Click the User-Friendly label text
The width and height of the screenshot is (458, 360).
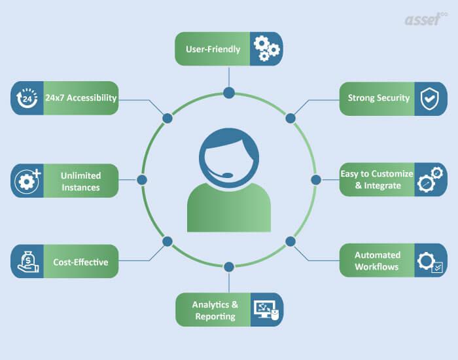[x=213, y=49]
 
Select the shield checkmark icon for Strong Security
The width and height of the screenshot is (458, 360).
[x=429, y=99]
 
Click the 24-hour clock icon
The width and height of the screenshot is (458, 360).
[x=27, y=98]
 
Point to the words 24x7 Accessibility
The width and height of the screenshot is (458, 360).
[x=81, y=98]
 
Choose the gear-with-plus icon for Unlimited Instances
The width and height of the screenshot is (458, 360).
[x=27, y=181]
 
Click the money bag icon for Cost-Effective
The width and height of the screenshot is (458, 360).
[x=27, y=262]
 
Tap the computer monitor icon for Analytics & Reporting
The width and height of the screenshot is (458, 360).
[x=266, y=310]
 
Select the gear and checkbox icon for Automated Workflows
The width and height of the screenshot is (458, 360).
[x=430, y=262]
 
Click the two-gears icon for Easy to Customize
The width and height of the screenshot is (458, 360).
[x=430, y=179]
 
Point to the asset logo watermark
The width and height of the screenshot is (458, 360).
[x=426, y=19]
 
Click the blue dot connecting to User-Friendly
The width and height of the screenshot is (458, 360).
[x=229, y=93]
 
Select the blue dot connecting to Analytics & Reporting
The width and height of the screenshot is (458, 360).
[x=229, y=267]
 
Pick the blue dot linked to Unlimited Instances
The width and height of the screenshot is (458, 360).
[x=142, y=180]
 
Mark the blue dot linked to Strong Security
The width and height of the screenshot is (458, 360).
[x=291, y=118]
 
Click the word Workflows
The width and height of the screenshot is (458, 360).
[x=377, y=267]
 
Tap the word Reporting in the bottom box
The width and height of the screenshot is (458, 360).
[x=215, y=317]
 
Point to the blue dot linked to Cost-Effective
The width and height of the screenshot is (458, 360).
[x=167, y=242]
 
